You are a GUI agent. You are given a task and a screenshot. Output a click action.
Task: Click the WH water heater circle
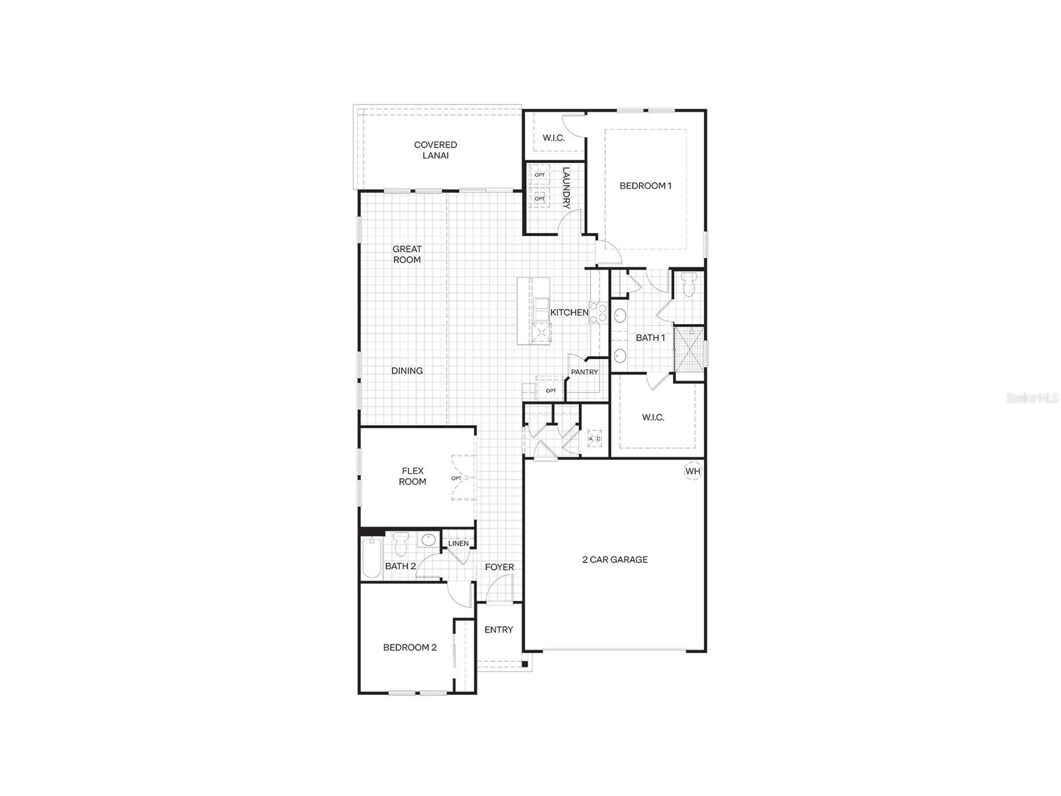[693, 471]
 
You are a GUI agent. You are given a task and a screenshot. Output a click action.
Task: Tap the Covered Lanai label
[435, 150]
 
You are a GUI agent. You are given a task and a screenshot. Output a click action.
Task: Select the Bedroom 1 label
[645, 186]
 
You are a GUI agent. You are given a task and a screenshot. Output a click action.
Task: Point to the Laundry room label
[566, 187]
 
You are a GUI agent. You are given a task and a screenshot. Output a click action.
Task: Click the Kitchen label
[569, 313]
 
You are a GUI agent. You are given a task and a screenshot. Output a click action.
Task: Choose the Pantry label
[584, 372]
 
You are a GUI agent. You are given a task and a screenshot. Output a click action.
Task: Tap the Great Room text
[407, 254]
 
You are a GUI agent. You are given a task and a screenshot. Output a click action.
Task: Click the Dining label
[407, 371]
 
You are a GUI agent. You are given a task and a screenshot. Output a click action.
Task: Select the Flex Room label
[412, 476]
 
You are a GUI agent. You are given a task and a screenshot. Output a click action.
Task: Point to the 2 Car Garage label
[615, 559]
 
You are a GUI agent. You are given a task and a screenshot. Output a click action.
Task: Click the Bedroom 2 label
[410, 647]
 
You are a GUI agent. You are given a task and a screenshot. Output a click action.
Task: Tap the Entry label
[499, 629]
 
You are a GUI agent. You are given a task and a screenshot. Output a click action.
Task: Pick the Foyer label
[499, 567]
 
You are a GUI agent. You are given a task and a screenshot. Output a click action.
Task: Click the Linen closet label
[458, 543]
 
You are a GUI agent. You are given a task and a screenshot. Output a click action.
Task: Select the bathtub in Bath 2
[372, 557]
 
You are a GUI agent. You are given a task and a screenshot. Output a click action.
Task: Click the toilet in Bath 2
[401, 543]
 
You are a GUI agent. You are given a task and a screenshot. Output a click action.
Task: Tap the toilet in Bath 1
[689, 283]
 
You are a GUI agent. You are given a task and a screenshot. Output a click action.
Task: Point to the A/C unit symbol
[595, 439]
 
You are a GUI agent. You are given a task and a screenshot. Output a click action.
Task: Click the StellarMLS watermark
[1032, 398]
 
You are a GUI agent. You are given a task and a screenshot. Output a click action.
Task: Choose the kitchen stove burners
[598, 313]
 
